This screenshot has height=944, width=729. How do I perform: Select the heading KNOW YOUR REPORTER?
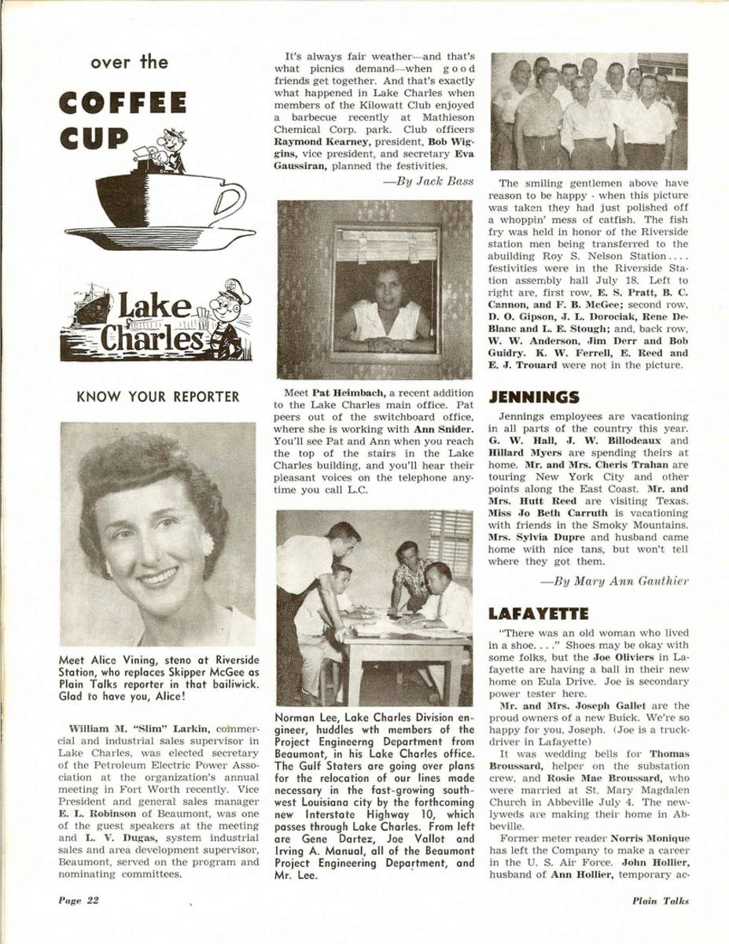click(x=157, y=396)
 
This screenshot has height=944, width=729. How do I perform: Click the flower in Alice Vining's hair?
click(x=208, y=541)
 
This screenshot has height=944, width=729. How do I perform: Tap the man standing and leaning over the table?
click(x=318, y=562)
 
